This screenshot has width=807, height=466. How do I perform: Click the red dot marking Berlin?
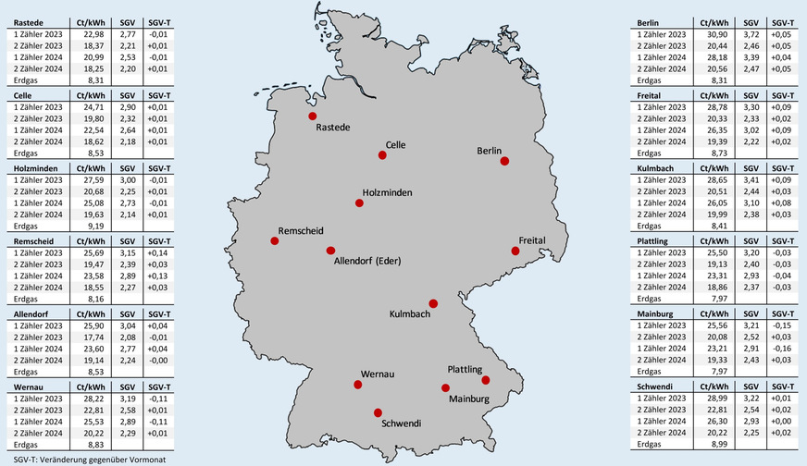[x=504, y=161]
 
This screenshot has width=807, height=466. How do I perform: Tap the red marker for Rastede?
[x=313, y=116]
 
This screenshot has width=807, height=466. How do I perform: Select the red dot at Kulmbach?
[x=432, y=303]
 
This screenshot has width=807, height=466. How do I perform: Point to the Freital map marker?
[x=517, y=251]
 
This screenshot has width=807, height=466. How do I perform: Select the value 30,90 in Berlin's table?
[x=712, y=32]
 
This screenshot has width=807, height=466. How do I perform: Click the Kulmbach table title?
[x=656, y=168]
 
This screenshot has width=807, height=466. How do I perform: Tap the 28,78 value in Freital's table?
[x=712, y=107]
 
